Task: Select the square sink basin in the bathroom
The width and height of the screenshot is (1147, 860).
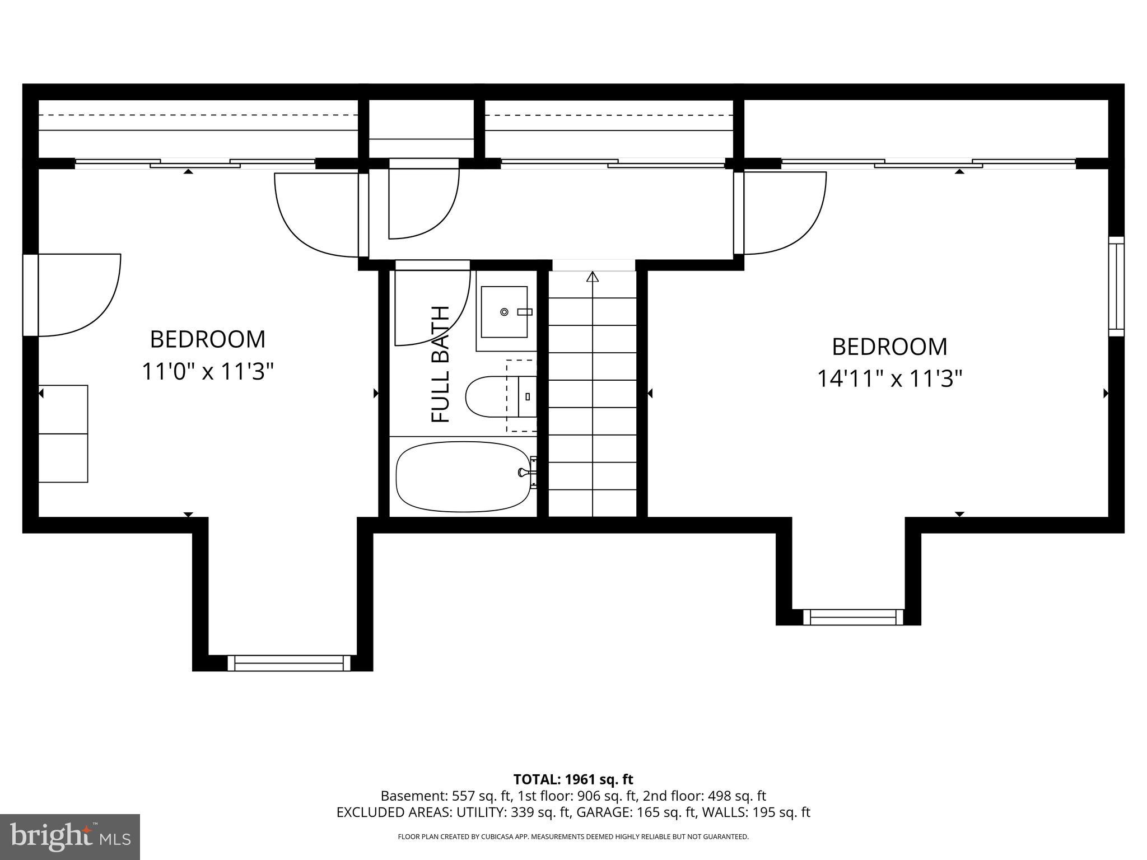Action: (504, 312)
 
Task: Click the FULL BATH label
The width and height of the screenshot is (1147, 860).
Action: (441, 364)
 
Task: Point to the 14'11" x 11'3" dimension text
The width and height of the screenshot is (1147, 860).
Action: (889, 379)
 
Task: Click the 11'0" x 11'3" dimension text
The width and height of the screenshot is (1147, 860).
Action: (207, 371)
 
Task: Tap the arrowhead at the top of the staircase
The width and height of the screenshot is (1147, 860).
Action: (593, 277)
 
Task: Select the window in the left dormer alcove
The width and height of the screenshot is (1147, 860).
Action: (289, 663)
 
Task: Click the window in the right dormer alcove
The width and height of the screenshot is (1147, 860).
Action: (853, 617)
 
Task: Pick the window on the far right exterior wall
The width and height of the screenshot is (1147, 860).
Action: (1116, 287)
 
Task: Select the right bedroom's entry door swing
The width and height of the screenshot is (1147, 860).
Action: (784, 213)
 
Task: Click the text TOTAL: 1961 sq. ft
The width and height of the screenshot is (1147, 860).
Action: (573, 779)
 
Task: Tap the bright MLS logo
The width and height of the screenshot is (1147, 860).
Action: (69, 837)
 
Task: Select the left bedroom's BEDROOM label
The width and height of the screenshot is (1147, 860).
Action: (207, 339)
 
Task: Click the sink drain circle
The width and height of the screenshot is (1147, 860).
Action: (504, 312)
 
